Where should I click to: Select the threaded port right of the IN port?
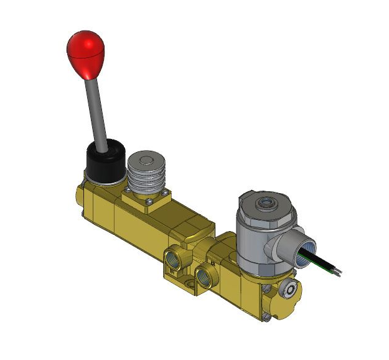pos(203,275)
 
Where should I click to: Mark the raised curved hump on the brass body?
pos(198,224)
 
